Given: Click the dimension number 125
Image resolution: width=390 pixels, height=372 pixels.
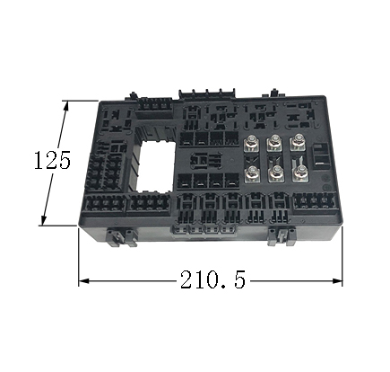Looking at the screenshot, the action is point(52,160).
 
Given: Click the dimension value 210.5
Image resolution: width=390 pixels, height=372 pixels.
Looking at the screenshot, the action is point(212,279).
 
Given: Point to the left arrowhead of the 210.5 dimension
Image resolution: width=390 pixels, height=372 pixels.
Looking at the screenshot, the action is point(84,281).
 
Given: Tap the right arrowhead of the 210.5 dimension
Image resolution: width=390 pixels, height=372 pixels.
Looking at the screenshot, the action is point(337,281).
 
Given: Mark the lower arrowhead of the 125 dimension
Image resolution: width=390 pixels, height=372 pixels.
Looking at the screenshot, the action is point(44,219).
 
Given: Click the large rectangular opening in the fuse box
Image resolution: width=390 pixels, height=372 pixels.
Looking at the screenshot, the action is point(154,166).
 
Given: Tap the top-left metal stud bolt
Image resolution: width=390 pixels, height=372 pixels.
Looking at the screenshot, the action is point(251,141).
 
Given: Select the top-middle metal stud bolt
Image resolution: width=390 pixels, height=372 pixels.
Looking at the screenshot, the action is point(273,141).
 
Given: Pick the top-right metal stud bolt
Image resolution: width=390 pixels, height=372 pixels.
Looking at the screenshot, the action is point(297,140).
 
